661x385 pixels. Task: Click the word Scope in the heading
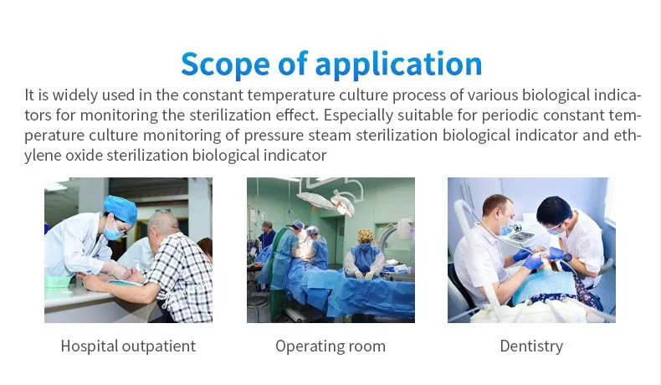[226, 64]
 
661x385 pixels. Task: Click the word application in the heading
[398, 64]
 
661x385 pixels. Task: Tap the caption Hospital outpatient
[128, 346]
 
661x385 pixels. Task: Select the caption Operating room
[330, 346]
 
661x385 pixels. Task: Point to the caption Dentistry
[531, 346]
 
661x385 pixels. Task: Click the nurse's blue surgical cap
[121, 208]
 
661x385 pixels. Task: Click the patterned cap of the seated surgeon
[366, 235]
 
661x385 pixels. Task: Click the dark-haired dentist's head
[554, 212]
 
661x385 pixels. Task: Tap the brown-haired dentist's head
[499, 211]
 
